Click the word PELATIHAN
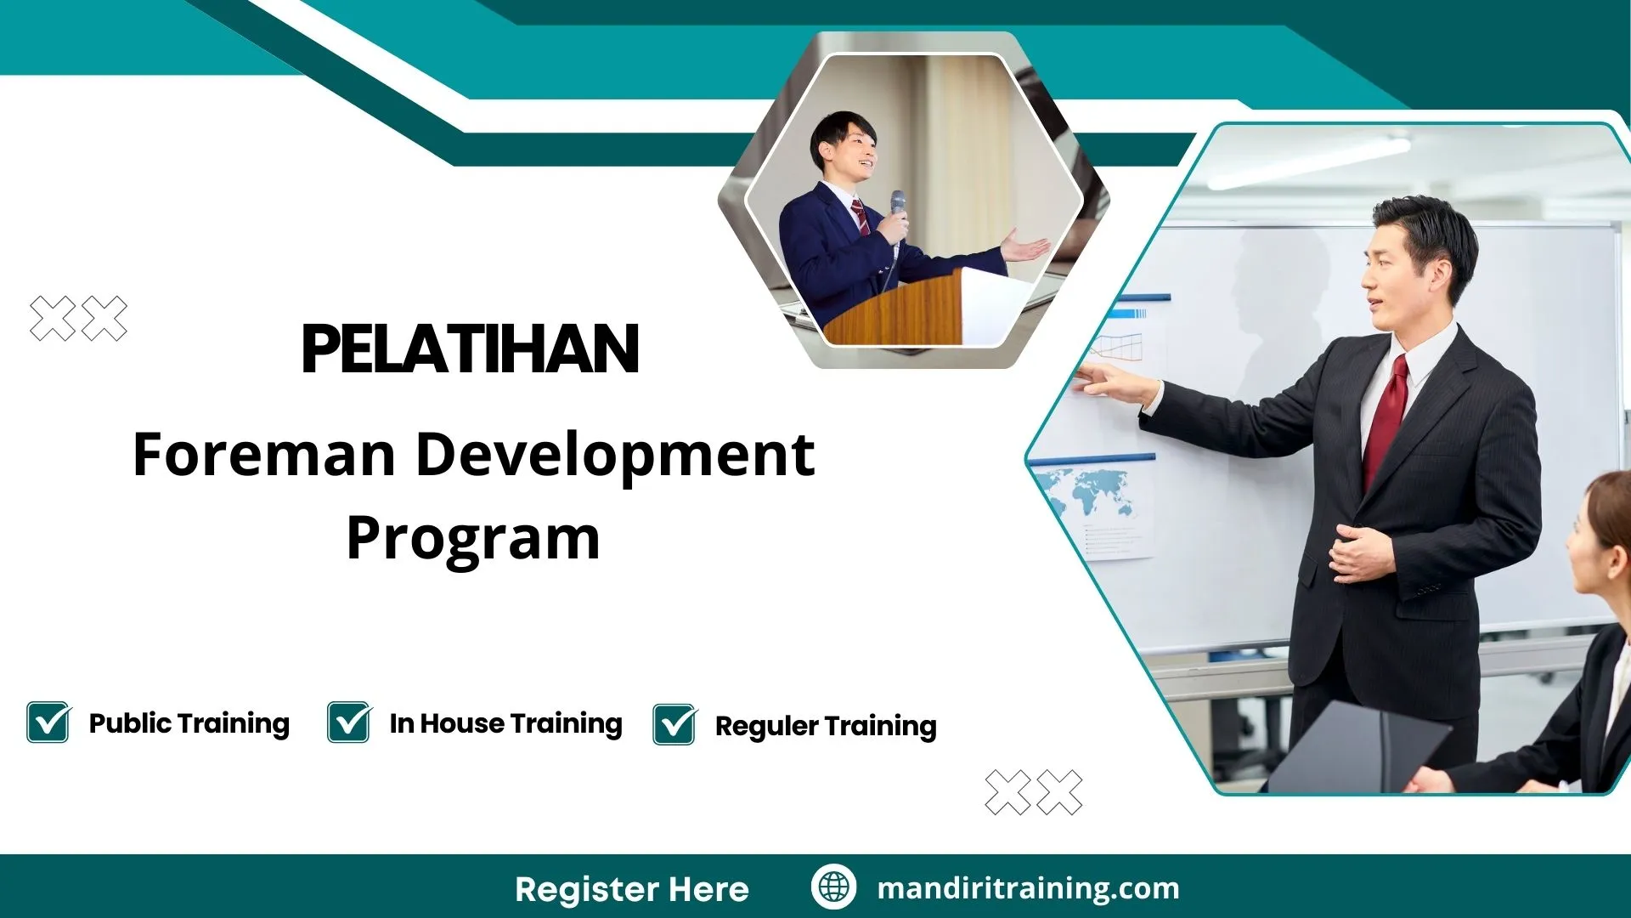pyautogui.click(x=470, y=348)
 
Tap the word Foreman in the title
pyautogui.click(x=264, y=455)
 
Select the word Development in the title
pyautogui.click(x=615, y=456)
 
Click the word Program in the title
pyautogui.click(x=473, y=539)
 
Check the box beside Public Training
pyautogui.click(x=48, y=722)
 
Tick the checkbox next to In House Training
pyautogui.click(x=349, y=722)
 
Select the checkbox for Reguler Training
pyautogui.click(x=674, y=725)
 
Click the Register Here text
pyautogui.click(x=631, y=889)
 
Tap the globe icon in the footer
pyautogui.click(x=833, y=887)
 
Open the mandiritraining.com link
pyautogui.click(x=1028, y=888)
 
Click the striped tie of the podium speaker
pyautogui.click(x=861, y=217)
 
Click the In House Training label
pyautogui.click(x=505, y=723)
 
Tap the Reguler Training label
pyautogui.click(x=825, y=726)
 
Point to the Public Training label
pyautogui.click(x=189, y=723)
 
